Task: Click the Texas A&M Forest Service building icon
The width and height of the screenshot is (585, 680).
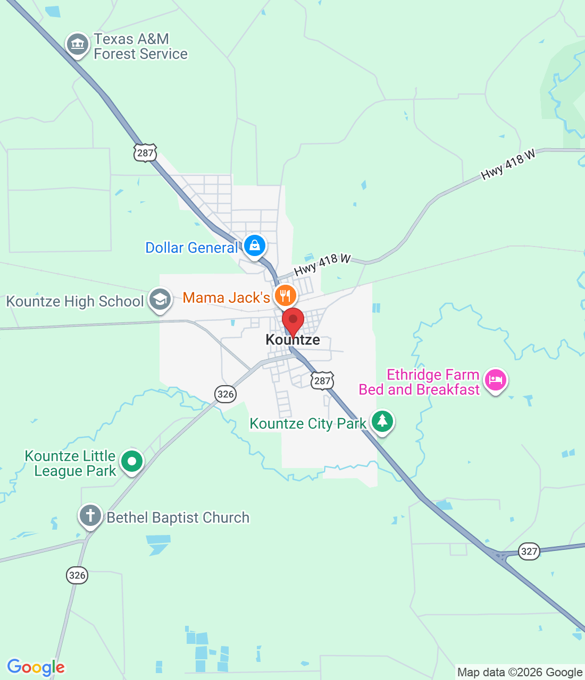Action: (78, 44)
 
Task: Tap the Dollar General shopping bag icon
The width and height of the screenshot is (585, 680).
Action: (255, 246)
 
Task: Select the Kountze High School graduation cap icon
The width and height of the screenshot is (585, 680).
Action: (160, 300)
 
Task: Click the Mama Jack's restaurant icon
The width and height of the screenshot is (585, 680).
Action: (285, 295)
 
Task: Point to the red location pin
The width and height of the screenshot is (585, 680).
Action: (292, 320)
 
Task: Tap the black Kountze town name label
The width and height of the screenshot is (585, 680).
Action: (292, 340)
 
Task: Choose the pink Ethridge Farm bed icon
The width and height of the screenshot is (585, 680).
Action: (496, 380)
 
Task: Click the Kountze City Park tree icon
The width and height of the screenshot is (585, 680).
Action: (382, 421)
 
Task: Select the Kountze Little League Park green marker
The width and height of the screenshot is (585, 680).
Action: (131, 461)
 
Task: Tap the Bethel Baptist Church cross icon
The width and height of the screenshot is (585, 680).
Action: (90, 515)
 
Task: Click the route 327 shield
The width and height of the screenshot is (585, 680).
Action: (529, 551)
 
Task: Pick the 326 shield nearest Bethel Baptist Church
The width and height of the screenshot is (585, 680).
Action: (77, 575)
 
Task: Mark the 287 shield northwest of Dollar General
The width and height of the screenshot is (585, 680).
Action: (145, 153)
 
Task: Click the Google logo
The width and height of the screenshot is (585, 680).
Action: (36, 667)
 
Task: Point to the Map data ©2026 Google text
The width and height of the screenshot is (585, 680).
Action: (520, 673)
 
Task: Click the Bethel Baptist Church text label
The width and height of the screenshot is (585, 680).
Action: (178, 517)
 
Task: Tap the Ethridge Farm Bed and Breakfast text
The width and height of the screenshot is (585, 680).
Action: (420, 382)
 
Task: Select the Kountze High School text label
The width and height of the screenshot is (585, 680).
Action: (75, 301)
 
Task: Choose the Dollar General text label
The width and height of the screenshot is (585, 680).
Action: (191, 248)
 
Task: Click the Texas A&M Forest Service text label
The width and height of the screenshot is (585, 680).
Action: (140, 47)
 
